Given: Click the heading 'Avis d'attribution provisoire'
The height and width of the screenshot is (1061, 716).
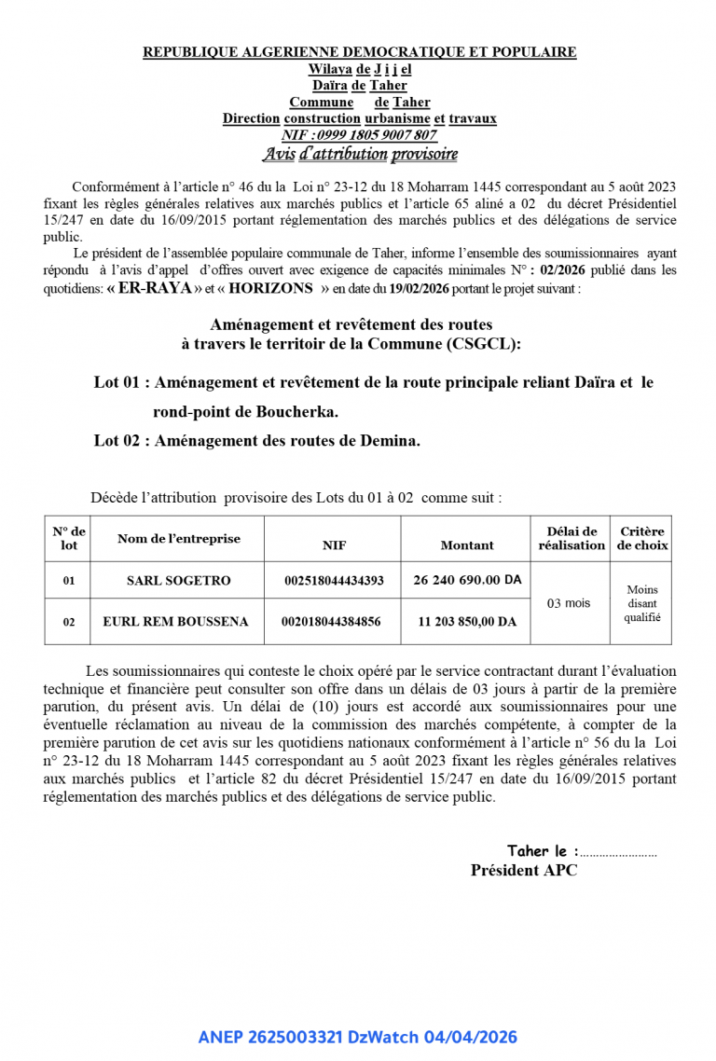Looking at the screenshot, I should [x=360, y=154].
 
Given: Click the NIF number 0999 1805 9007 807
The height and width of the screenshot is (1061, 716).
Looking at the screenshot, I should [x=360, y=135].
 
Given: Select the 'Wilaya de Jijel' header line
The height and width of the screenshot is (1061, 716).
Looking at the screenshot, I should [x=360, y=69].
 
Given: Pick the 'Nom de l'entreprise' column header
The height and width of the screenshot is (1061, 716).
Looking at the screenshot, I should [x=179, y=539].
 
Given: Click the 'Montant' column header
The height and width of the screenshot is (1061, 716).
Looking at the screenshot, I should [x=467, y=544].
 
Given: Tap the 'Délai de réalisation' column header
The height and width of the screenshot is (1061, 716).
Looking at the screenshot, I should [x=571, y=538].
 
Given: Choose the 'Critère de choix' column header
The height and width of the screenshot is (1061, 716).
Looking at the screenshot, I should [x=642, y=538].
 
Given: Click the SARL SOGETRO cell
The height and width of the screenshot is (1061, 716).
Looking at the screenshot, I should [x=179, y=581].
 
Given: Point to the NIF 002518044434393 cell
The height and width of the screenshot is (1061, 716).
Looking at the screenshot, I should [x=334, y=581].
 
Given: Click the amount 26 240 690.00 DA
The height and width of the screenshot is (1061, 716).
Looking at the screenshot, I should [x=467, y=580].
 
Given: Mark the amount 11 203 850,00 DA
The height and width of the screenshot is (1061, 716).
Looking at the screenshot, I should [x=467, y=622].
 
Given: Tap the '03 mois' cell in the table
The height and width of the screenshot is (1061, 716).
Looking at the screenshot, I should [x=569, y=603].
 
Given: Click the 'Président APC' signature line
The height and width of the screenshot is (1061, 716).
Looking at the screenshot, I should [x=524, y=870].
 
